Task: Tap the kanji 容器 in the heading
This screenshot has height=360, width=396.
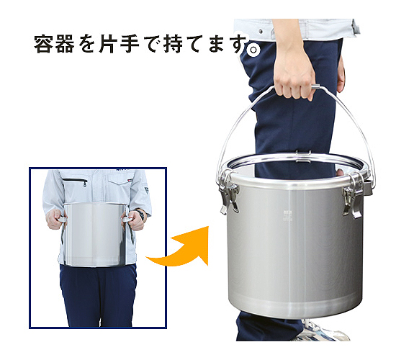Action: pos(54,44)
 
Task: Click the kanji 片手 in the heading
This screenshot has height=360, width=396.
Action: pos(120,44)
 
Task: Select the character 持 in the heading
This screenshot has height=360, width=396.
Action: pos(173,44)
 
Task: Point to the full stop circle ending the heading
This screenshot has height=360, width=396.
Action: pos(253,50)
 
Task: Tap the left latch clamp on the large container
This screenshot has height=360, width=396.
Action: pos(228,192)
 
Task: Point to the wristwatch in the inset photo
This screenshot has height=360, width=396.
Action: pos(140,215)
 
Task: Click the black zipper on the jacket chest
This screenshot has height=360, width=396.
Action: pos(76,181)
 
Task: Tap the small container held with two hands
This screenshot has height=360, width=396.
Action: pos(94,234)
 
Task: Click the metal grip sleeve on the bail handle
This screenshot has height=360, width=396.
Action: pos(315,87)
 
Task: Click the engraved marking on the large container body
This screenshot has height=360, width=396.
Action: pos(288,215)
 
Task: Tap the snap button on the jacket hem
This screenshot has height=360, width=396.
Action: pos(261,32)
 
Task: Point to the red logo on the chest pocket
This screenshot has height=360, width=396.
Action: pos(130,180)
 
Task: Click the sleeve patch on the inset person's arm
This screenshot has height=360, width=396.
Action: pos(146,190)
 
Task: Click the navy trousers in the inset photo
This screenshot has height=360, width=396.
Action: pos(98,295)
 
